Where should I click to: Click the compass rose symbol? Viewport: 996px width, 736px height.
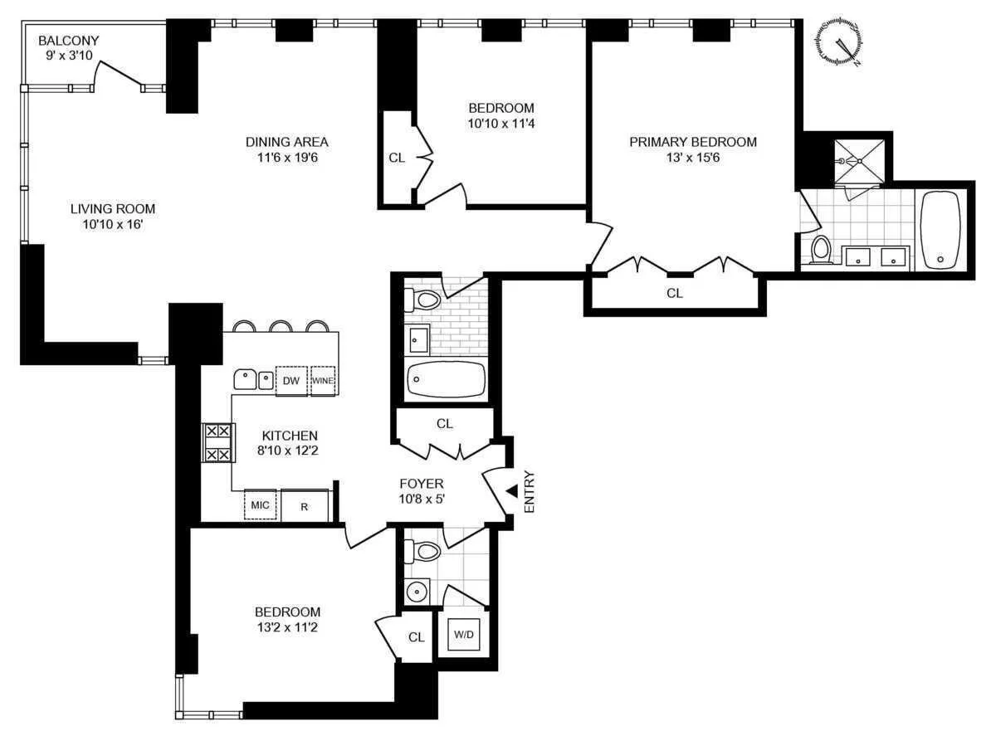point(842,41)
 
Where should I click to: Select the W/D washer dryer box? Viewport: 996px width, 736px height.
point(462,636)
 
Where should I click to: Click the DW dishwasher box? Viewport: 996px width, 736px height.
point(290,381)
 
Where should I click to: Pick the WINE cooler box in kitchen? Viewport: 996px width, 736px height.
point(323,381)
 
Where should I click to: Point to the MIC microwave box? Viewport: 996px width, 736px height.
point(259,505)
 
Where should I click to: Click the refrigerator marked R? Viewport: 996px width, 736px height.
point(305,505)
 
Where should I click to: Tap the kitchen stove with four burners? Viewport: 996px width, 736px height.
point(217,443)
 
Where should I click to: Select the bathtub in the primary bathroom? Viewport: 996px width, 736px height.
point(940,227)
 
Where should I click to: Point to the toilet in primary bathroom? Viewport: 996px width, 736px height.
point(821,247)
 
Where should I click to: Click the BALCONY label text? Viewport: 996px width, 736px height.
point(68,40)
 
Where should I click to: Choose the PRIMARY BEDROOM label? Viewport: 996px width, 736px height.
point(692,142)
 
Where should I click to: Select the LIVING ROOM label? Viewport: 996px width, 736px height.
point(112,209)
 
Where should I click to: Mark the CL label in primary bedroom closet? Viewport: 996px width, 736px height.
point(674,293)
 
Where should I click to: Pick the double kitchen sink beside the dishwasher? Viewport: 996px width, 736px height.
point(253,380)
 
